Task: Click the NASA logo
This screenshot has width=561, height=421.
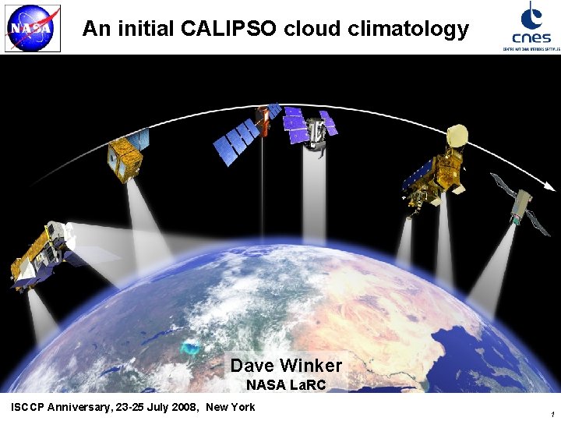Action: tap(32, 30)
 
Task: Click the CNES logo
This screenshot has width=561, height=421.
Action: tap(531, 26)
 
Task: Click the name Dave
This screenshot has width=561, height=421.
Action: tap(252, 365)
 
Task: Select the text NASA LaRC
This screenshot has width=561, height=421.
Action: tap(286, 384)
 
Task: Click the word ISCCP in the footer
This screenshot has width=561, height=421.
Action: tap(30, 407)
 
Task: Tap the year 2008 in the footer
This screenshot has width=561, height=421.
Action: tap(182, 407)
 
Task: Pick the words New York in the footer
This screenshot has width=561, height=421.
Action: tap(230, 407)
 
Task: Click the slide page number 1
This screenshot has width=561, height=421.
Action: tap(551, 414)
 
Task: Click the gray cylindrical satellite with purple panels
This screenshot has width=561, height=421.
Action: tap(314, 129)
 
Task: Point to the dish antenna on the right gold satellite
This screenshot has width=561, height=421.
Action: tap(456, 137)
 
